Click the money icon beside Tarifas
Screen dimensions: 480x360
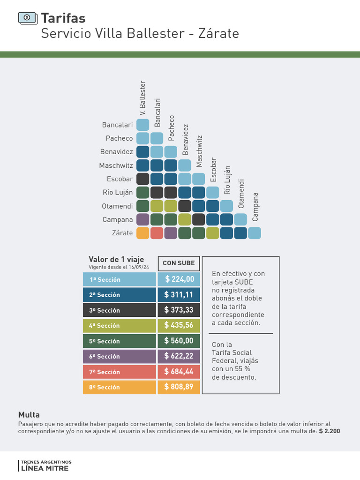coord(27,18)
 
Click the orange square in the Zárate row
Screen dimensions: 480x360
coord(143,233)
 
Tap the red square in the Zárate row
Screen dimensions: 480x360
coord(157,233)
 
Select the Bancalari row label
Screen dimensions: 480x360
coord(117,125)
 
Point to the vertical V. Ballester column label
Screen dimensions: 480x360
coord(143,98)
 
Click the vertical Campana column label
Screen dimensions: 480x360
coord(255,207)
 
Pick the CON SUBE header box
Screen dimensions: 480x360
coord(179,263)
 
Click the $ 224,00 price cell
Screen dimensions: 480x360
coord(179,279)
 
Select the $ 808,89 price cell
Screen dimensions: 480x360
coord(179,387)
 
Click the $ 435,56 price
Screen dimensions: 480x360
coord(179,325)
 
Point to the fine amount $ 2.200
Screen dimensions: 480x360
coord(330,431)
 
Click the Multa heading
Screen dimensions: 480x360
coord(29,415)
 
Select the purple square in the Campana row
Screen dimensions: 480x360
coord(143,219)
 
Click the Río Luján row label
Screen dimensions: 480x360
coord(118,192)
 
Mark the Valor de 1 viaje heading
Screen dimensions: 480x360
coord(116,260)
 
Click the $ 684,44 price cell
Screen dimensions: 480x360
coord(179,372)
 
